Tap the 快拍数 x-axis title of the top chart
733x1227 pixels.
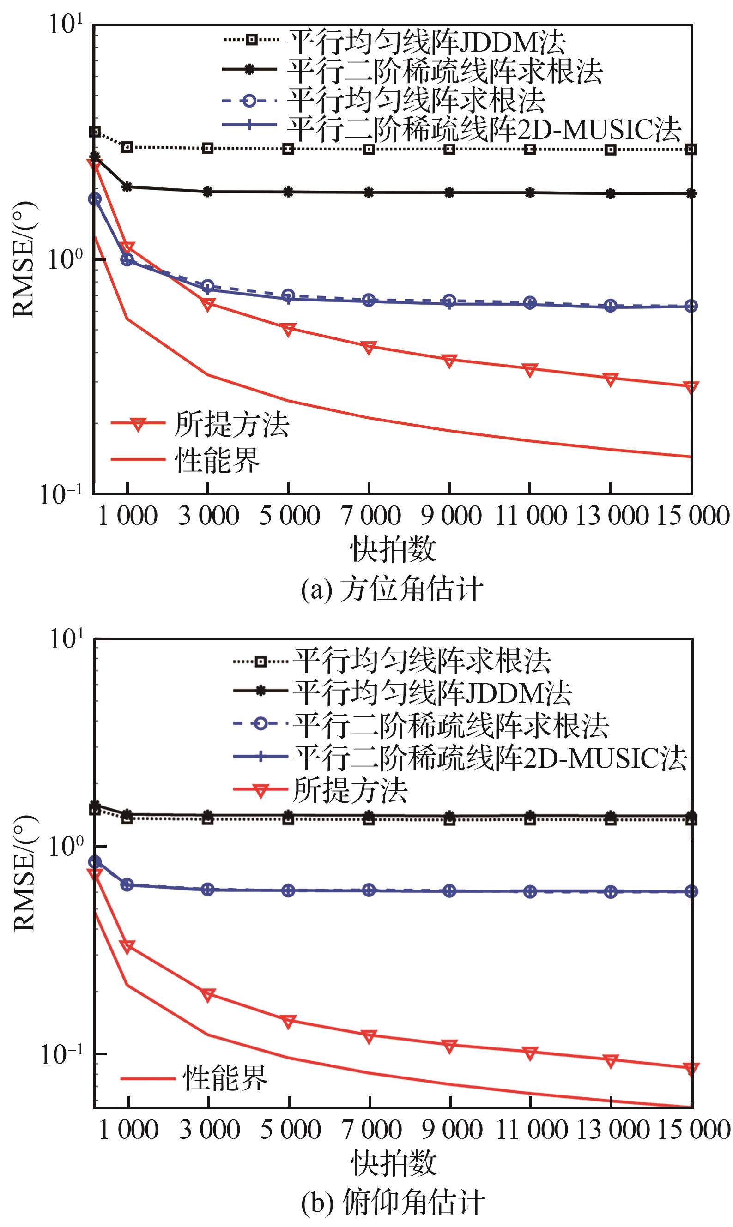393,550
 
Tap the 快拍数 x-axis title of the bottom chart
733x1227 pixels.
394,1164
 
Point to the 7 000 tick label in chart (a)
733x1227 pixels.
370,516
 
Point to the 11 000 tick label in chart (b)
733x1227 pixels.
531,1130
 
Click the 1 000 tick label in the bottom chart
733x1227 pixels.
128,1130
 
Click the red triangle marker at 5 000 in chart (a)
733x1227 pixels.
289,329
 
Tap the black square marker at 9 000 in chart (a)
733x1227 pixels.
449,149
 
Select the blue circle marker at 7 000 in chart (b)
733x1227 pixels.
369,890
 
